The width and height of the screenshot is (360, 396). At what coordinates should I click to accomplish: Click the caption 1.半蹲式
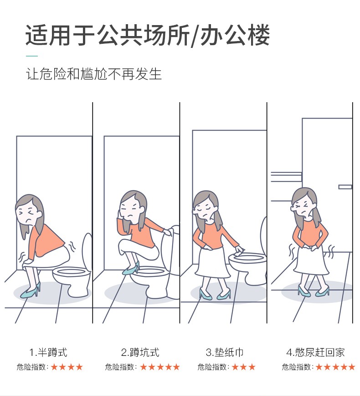(x=48, y=352)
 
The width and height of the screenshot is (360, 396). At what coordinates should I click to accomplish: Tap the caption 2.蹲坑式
(x=140, y=352)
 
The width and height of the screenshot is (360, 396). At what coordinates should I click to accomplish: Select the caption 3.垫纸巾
(x=225, y=352)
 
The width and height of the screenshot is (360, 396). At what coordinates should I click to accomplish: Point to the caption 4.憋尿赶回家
(x=315, y=352)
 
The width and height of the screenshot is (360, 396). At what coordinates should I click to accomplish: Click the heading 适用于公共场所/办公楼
(x=148, y=35)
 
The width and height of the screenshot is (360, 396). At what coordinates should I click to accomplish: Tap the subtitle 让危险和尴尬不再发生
(x=93, y=74)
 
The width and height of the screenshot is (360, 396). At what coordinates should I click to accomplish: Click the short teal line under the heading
(x=32, y=56)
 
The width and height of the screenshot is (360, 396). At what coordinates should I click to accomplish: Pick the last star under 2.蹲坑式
(x=176, y=367)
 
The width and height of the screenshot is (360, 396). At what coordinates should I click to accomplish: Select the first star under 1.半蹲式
(x=55, y=367)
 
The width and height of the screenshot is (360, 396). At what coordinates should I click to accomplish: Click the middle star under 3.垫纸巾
(x=243, y=367)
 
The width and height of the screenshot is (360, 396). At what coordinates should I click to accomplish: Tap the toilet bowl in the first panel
(x=72, y=278)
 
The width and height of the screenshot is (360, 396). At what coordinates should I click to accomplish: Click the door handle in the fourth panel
(x=345, y=187)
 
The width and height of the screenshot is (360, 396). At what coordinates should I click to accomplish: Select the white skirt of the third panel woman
(x=212, y=263)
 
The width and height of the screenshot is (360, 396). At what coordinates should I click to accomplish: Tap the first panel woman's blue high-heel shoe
(x=31, y=291)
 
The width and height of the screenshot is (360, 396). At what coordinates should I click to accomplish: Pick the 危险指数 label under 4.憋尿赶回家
(x=298, y=367)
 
